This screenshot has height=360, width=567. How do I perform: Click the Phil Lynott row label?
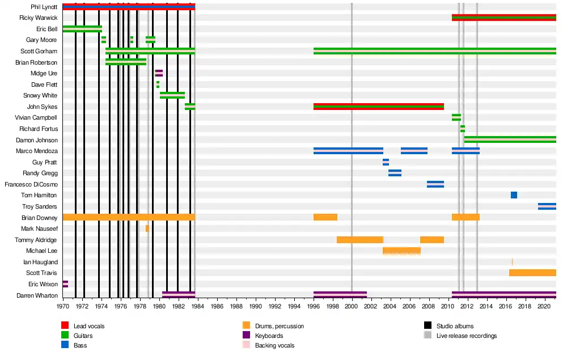click(44, 7)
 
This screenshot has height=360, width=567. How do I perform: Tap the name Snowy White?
click(40, 95)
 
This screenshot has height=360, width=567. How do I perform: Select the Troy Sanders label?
click(40, 206)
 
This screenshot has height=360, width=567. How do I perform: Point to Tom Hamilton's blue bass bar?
click(514, 195)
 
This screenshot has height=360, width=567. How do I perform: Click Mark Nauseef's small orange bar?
click(147, 228)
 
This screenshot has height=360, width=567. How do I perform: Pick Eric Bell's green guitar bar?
click(82, 29)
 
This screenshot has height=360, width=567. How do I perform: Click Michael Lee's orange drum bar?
click(401, 251)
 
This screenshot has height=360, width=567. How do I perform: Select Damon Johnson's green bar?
click(510, 139)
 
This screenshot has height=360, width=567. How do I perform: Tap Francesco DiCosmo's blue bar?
click(435, 184)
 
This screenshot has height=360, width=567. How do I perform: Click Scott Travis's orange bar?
click(532, 273)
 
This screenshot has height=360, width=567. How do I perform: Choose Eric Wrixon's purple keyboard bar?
click(65, 283)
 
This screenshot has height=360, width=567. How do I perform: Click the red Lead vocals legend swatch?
click(65, 326)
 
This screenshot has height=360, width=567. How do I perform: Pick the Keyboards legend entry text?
click(269, 336)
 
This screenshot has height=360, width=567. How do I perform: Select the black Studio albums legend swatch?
click(428, 326)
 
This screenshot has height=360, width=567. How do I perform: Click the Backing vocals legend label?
click(274, 345)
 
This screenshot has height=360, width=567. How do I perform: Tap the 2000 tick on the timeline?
click(352, 306)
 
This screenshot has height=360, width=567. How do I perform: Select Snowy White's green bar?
click(172, 95)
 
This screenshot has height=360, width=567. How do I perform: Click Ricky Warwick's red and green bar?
click(503, 18)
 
